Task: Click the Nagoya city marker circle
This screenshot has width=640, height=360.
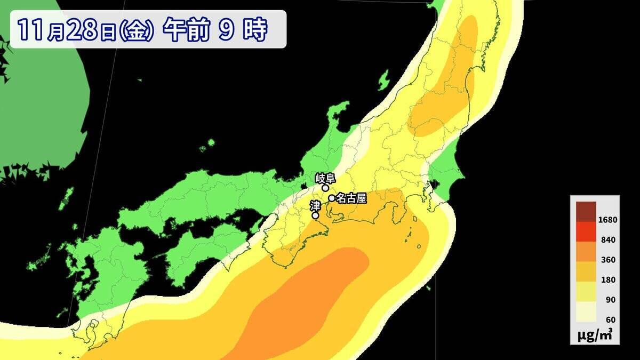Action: click(332, 198)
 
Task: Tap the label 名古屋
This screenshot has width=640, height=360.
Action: click(351, 198)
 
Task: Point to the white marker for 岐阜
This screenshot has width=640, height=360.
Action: click(325, 188)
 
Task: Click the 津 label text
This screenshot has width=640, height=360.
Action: click(315, 205)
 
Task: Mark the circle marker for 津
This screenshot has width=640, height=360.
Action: click(315, 215)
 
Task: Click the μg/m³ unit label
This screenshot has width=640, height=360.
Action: click(595, 335)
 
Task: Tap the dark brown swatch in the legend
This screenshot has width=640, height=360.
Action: click(586, 211)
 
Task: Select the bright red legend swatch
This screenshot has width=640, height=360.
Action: click(586, 231)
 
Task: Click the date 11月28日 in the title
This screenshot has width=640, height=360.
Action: click(67, 30)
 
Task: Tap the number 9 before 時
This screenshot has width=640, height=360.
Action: click(226, 30)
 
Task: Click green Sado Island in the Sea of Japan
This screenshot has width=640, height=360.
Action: click(383, 81)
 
